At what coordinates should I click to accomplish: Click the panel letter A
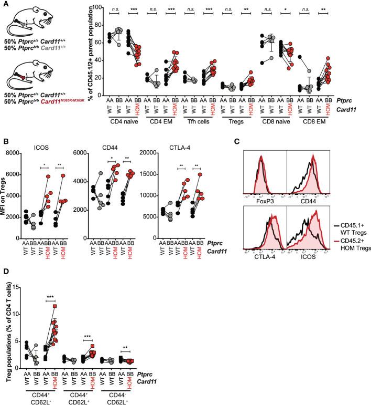(5, 5)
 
